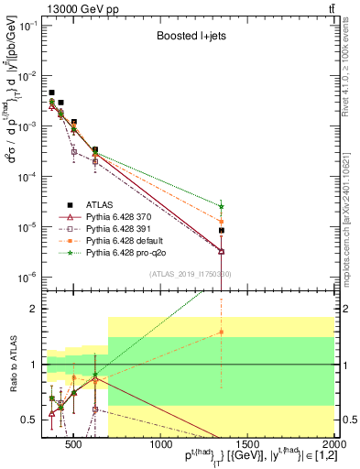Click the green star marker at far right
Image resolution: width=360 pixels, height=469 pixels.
coord(222,206)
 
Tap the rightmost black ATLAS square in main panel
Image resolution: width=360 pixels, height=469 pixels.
coord(222,231)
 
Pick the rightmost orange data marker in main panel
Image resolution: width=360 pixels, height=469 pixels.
coord(222,221)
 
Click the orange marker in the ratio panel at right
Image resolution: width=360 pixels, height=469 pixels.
coord(222,333)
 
